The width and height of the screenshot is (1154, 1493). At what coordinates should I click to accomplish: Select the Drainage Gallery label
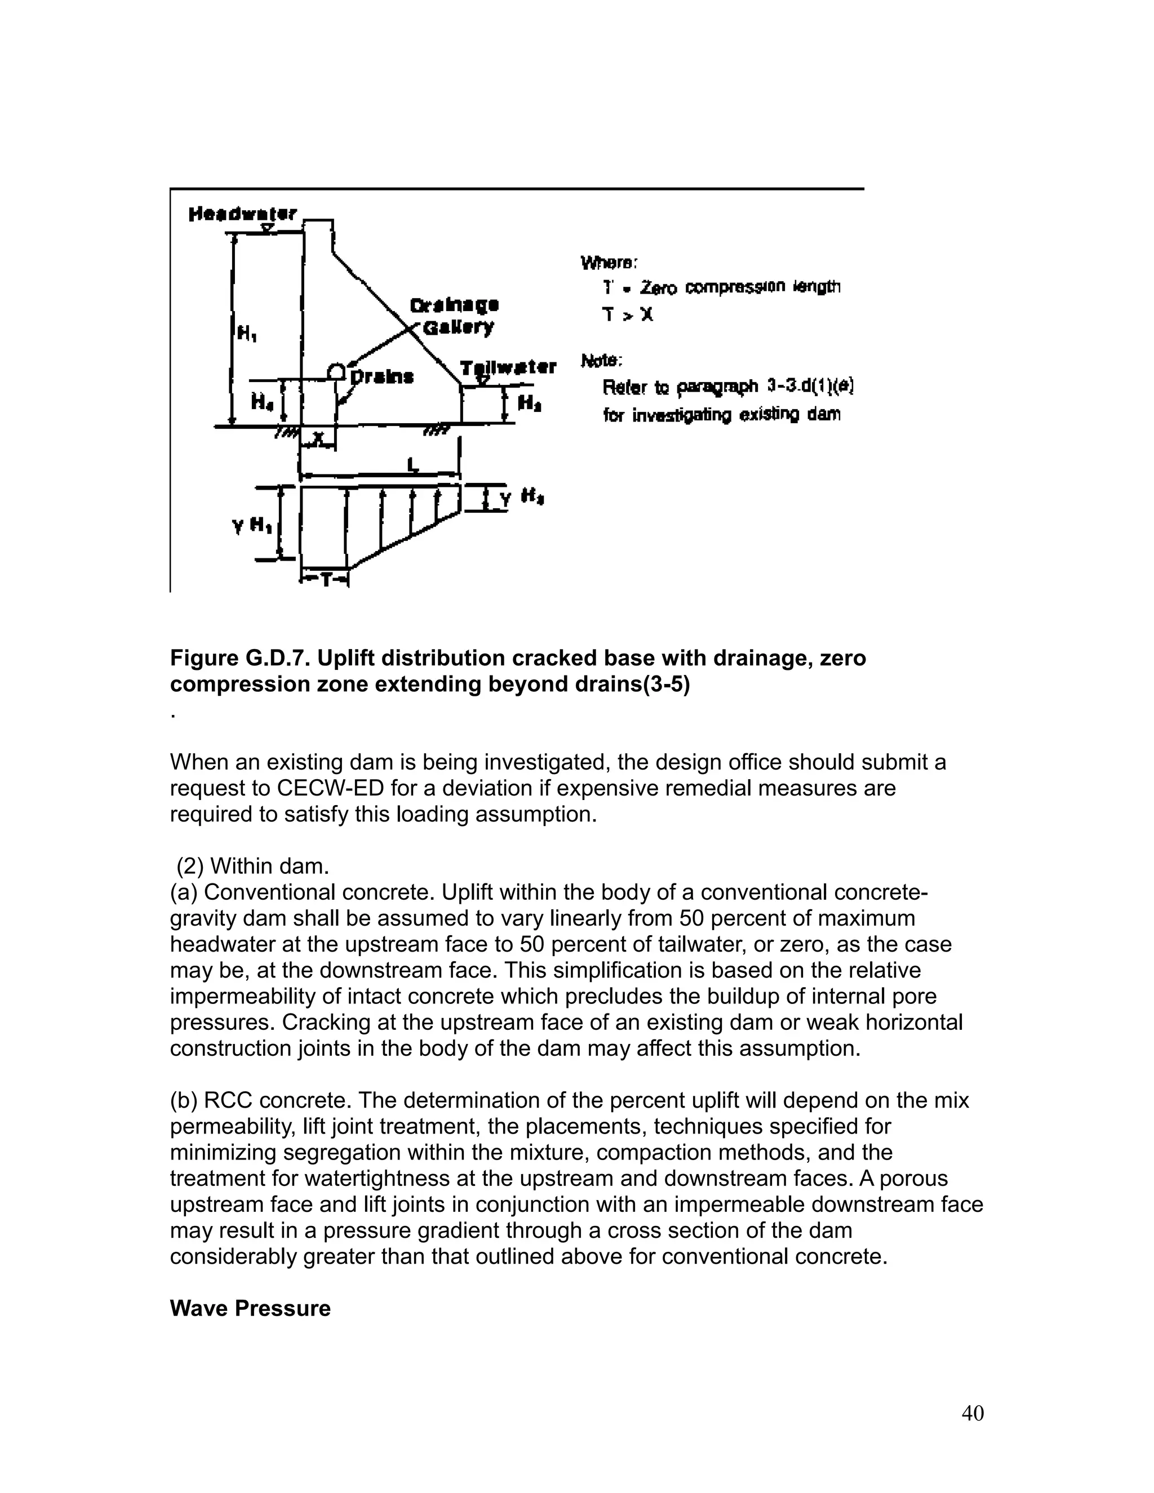click(455, 316)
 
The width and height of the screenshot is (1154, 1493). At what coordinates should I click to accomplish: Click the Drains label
click(381, 377)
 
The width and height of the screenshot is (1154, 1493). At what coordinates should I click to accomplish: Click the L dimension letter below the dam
click(412, 465)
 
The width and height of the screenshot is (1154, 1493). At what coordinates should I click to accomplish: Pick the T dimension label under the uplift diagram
click(326, 580)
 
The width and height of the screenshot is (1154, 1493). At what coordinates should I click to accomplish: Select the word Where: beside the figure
click(609, 263)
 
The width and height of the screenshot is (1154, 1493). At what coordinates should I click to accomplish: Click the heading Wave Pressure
click(250, 1308)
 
